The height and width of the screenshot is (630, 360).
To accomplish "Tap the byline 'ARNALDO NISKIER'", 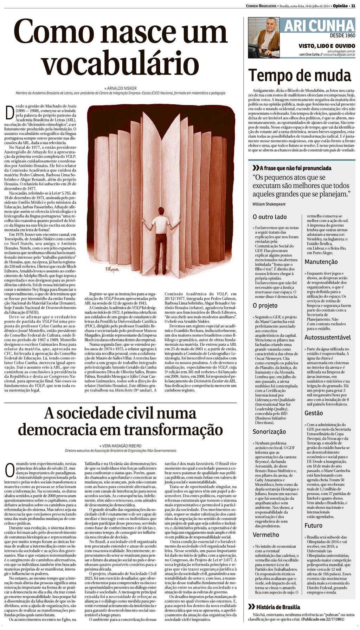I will [121, 88].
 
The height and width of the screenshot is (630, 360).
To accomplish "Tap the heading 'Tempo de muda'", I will [300, 75].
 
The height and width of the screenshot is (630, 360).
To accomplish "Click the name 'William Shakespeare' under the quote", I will [269, 204].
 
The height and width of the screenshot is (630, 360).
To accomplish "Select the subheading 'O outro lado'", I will [270, 217].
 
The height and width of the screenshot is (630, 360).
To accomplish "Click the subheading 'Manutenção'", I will [321, 262].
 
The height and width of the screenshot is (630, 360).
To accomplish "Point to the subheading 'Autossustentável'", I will [328, 337].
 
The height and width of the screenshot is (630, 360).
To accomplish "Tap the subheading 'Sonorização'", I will [269, 431].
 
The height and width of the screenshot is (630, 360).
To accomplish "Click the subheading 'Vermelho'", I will [266, 534].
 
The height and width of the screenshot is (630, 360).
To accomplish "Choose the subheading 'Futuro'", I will [313, 526].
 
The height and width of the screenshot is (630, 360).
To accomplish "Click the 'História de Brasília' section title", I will [274, 607].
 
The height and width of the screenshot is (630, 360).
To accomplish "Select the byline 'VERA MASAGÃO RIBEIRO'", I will [121, 446].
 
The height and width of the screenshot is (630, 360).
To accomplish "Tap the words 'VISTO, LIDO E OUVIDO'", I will [327, 46].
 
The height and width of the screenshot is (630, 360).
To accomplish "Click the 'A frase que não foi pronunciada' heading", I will [291, 168].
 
